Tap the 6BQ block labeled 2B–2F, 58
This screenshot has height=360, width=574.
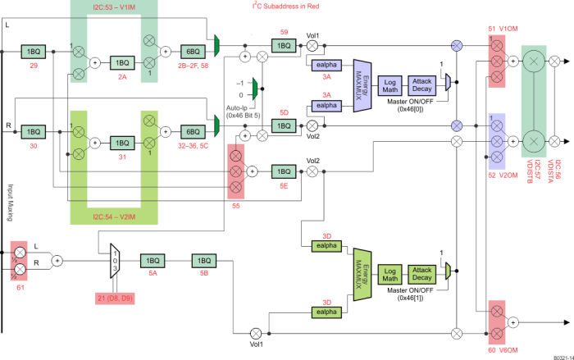pos(194,52)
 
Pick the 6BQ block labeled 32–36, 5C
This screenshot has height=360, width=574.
pos(194,131)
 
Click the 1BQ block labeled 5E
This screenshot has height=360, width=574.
pos(283,171)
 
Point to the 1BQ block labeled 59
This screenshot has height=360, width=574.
pos(283,45)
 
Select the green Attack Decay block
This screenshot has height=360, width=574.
pos(422,273)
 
